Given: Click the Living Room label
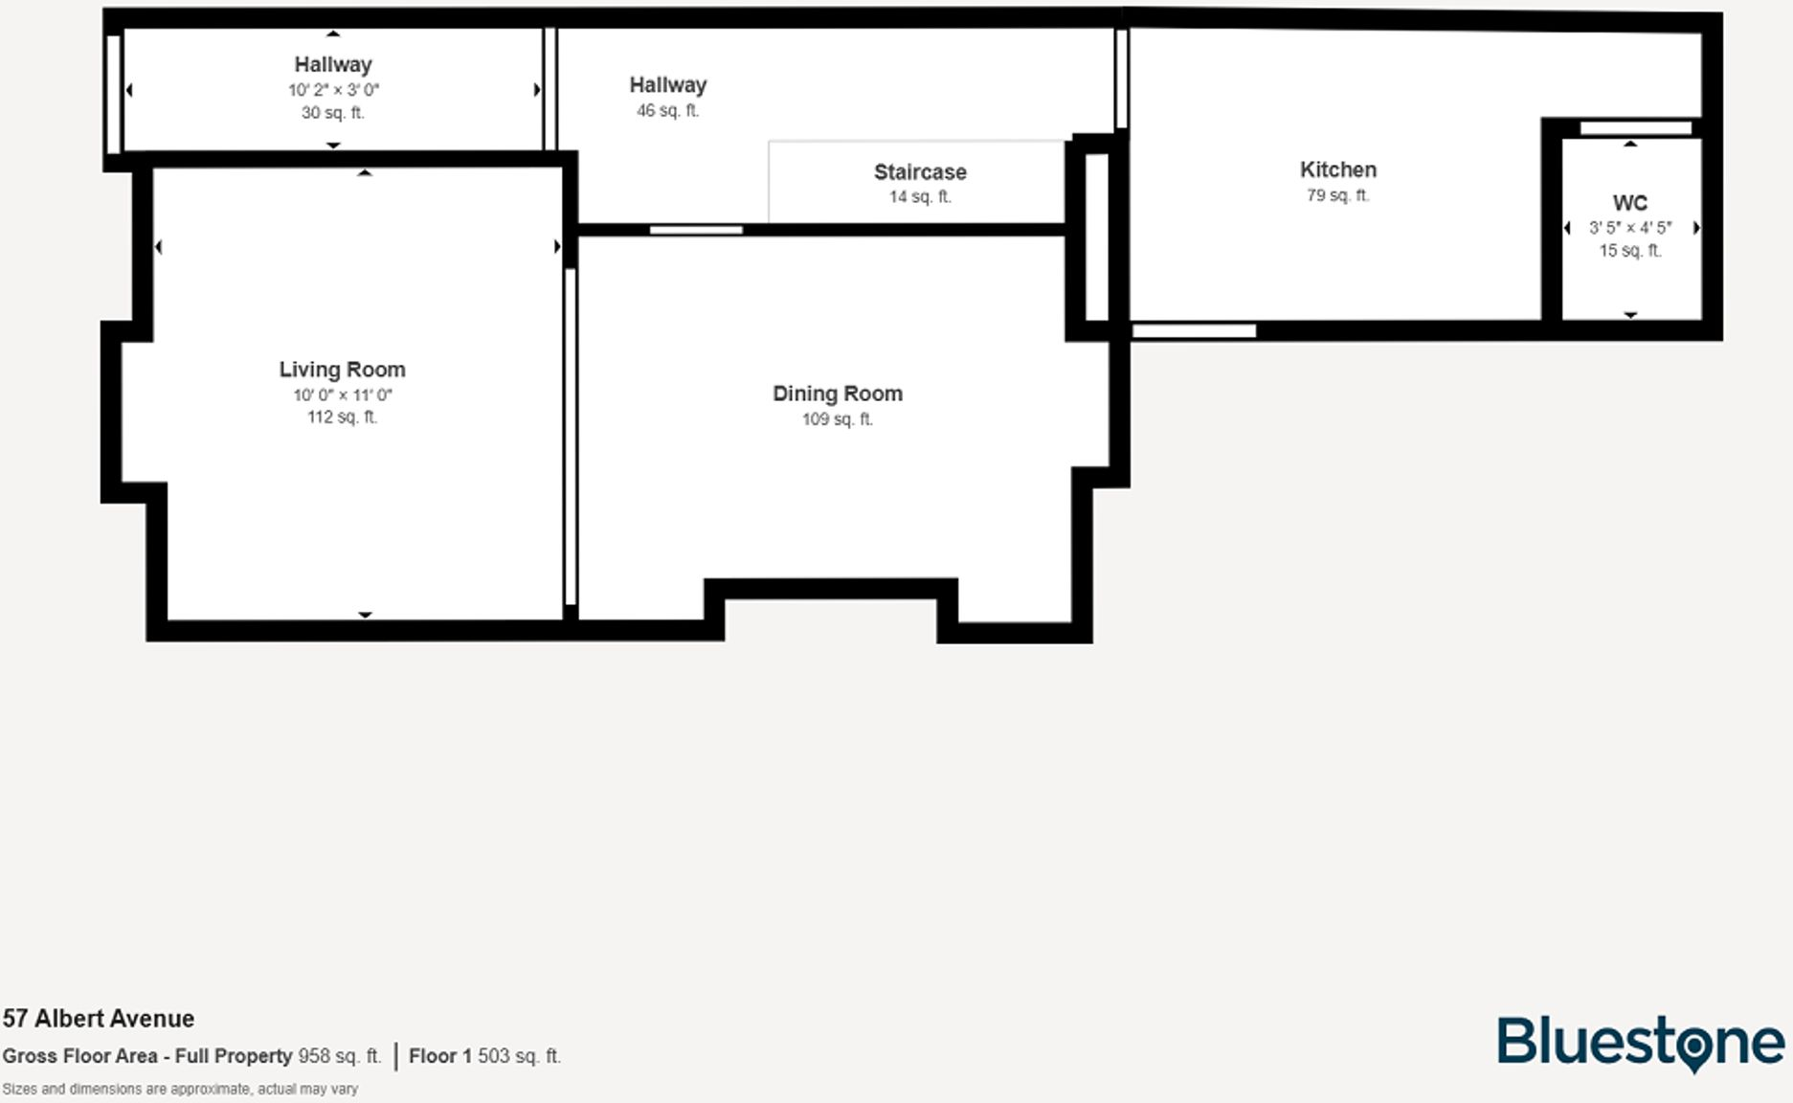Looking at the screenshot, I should pos(342,370).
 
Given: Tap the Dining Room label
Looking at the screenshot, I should pos(837,394).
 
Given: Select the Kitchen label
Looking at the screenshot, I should pos(1337,169).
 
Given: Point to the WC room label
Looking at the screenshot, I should pos(1629,203).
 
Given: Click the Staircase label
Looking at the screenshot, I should pos(919,172).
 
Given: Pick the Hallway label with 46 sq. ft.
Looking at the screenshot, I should pos(667,85).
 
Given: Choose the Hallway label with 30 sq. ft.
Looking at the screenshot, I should pos(332,64).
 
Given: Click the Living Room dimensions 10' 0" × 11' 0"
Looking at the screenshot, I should pos(342,395).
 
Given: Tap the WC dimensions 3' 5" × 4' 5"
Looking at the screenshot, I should pos(1629,228).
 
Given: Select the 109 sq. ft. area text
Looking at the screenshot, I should pos(837,419).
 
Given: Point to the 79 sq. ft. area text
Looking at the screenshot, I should pos(1337,195).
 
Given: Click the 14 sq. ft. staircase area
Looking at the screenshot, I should pos(919,197).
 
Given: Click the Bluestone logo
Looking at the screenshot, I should pos(1640,1043).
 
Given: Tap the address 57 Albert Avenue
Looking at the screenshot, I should pos(99,1018).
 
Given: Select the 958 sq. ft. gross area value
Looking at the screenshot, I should pos(339,1056).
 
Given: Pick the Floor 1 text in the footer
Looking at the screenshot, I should pos(439,1056).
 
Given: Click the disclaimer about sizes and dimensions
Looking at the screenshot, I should pos(180,1089).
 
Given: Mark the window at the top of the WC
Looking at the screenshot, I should pos(1635,128).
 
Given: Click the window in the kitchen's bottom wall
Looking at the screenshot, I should pos(1194,331).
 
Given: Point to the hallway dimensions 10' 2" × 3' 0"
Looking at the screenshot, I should pos(333,90).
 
